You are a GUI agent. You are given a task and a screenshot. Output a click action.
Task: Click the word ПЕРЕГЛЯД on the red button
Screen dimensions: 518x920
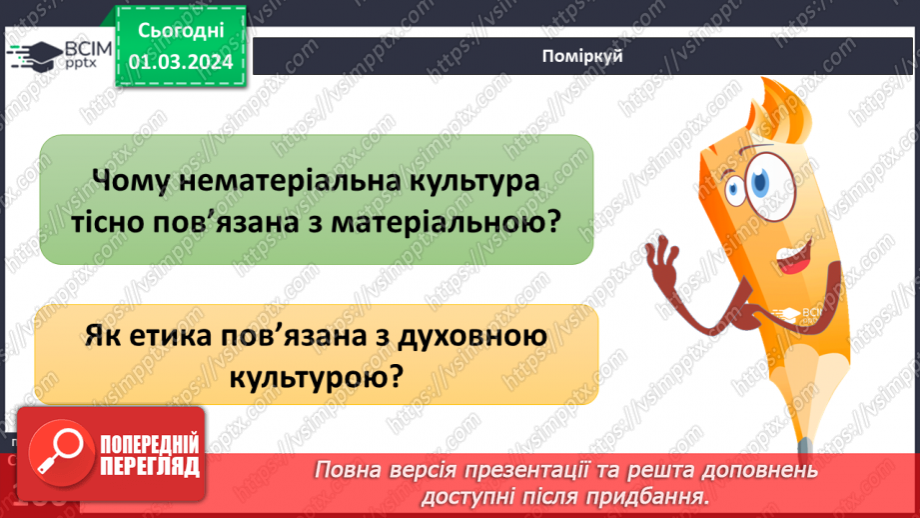pos(150,466)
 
